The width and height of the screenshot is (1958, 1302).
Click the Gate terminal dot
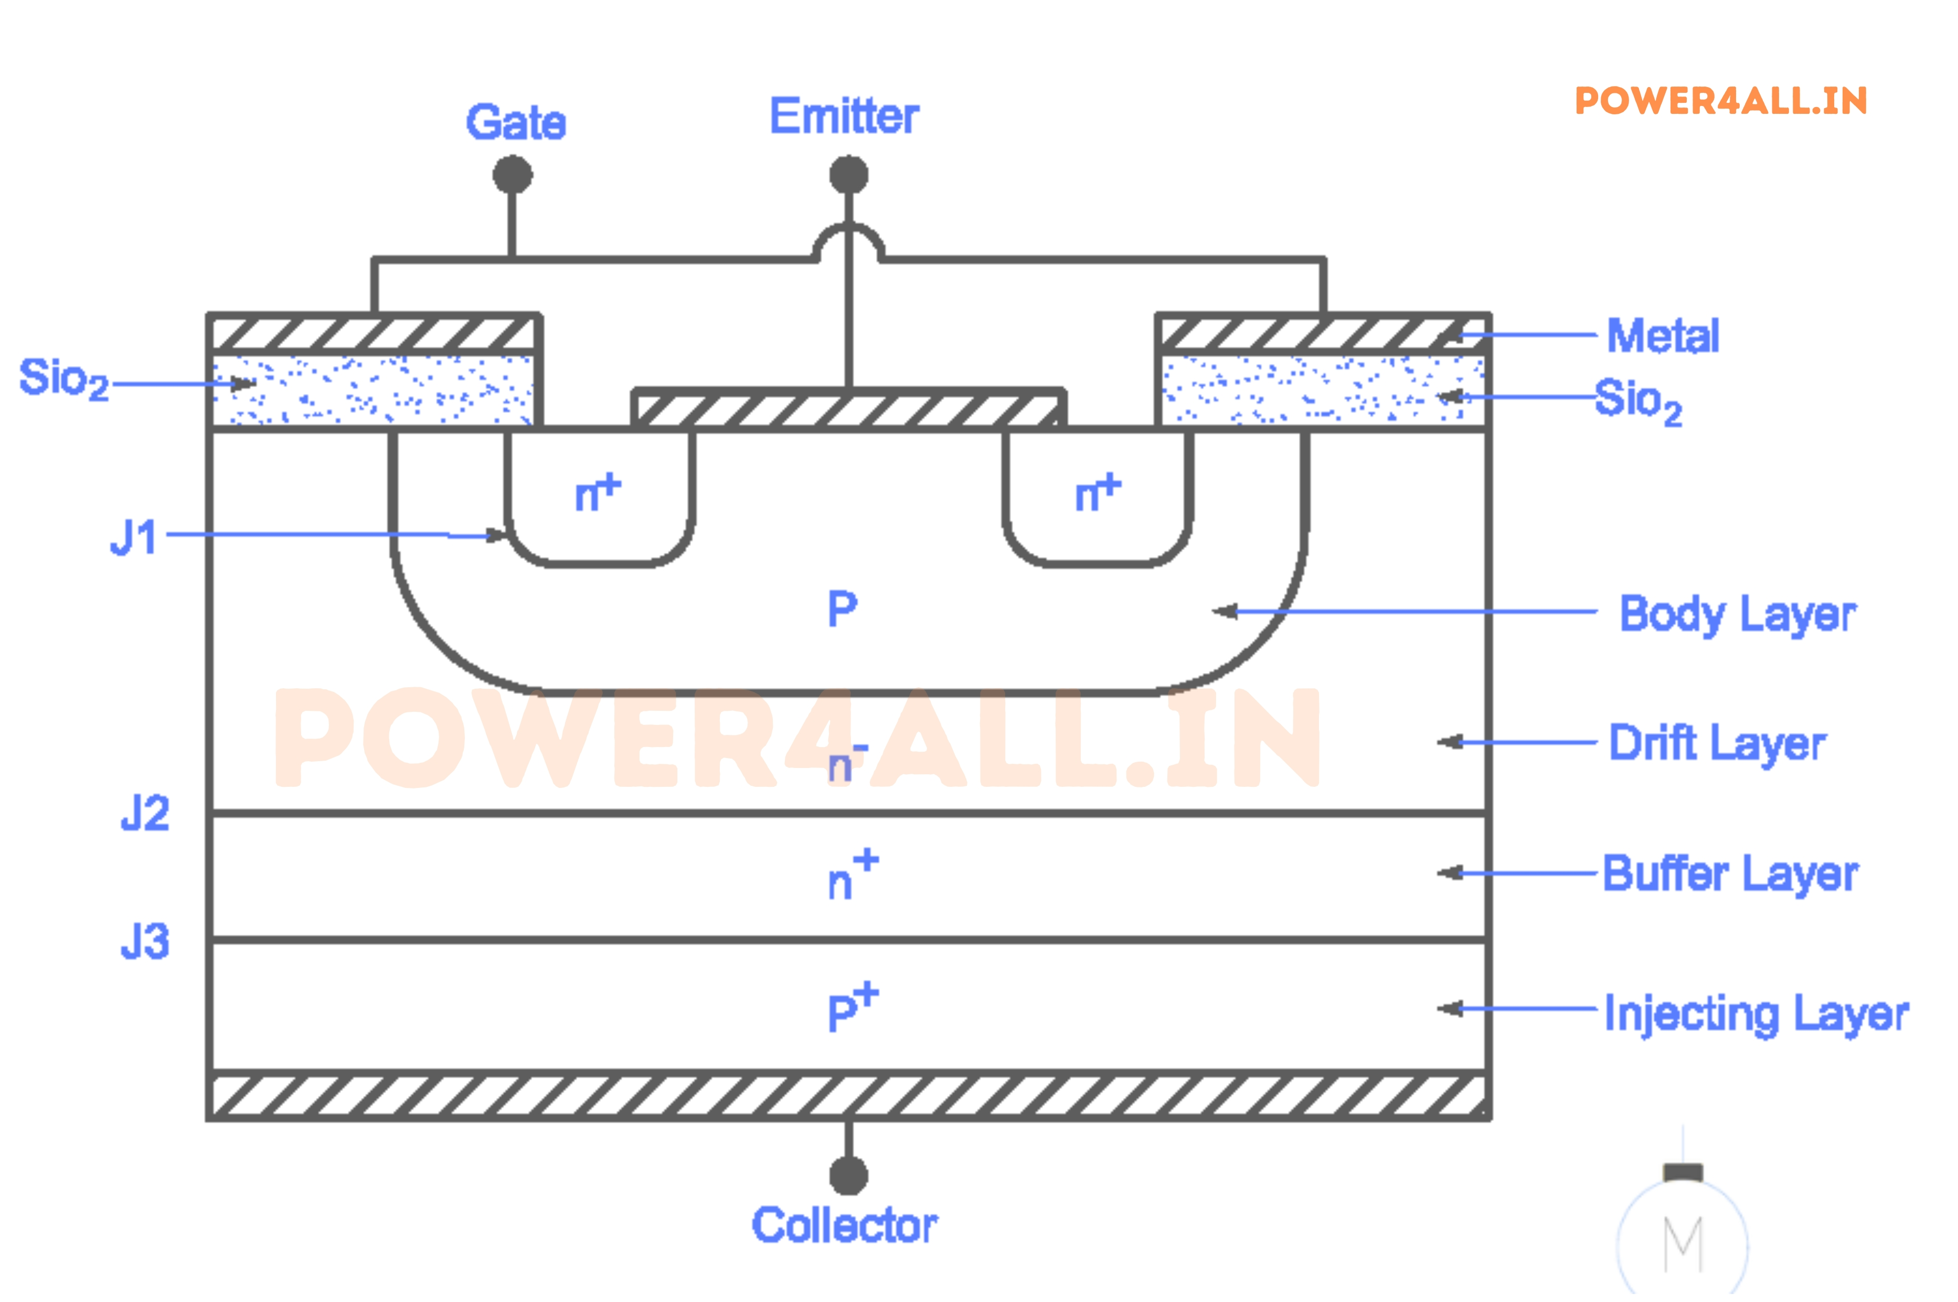[x=513, y=174]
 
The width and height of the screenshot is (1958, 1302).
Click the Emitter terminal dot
[x=849, y=174]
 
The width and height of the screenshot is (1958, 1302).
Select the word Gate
[x=516, y=123]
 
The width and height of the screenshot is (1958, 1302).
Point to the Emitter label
[x=844, y=116]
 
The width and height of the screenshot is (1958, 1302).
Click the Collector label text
[x=845, y=1225]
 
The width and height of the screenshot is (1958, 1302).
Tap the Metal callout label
[x=1663, y=336]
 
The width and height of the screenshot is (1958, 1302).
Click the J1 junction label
[x=134, y=537]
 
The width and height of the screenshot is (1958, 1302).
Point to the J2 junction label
[x=145, y=813]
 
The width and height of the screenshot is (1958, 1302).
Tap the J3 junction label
[x=145, y=942]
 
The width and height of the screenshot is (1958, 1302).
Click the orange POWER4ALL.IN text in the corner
[x=1720, y=101]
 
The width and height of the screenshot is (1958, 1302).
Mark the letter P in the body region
[x=842, y=610]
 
